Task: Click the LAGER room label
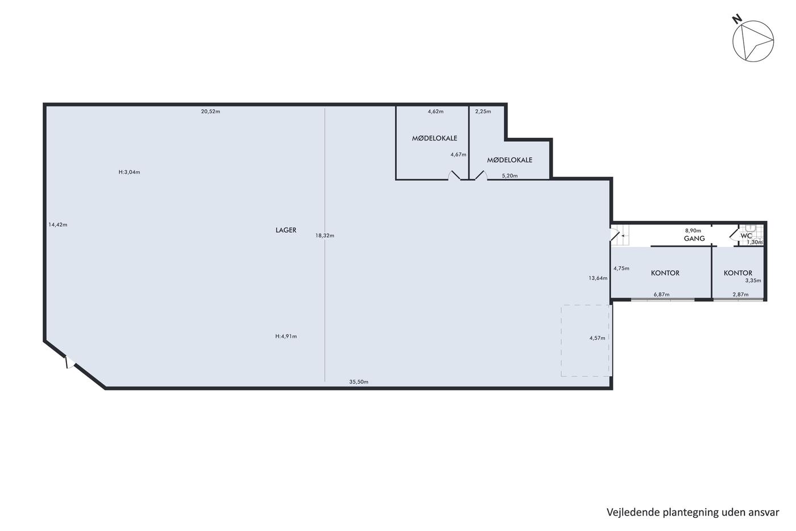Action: (285, 230)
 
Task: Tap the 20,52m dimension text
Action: (210, 112)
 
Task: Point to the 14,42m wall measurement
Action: (57, 224)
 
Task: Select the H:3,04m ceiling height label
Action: (129, 172)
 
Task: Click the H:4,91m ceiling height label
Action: (286, 336)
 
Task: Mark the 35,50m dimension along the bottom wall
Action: (359, 382)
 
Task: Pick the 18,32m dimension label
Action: (325, 236)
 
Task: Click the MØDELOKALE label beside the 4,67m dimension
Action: (434, 138)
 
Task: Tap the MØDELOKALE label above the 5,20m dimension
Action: (509, 160)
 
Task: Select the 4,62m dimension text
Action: (436, 112)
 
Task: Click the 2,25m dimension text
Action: (483, 112)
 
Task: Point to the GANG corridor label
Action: (694, 238)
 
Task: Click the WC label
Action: (746, 236)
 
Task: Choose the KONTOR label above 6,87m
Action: (665, 273)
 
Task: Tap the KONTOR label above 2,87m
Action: (738, 273)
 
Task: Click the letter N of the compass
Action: (737, 19)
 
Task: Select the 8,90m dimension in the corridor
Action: (693, 230)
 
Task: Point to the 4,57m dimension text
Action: (597, 338)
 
